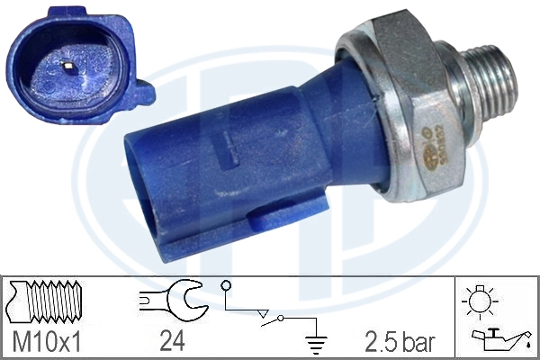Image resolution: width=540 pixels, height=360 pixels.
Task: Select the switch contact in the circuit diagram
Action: click(283, 316)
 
